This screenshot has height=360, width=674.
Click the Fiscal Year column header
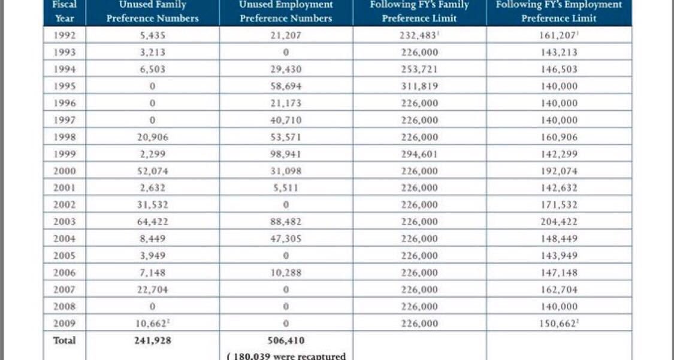coord(65,11)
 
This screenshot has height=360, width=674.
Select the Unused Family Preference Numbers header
coord(152,11)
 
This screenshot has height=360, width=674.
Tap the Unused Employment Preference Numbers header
coord(286,11)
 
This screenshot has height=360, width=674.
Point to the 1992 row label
coord(65,35)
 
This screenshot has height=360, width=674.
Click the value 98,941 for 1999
coord(286,154)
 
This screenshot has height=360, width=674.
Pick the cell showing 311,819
coord(419,86)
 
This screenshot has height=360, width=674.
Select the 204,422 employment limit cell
coord(559,222)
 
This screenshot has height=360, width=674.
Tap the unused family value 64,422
coord(152,222)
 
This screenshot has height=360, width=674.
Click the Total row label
coord(65,341)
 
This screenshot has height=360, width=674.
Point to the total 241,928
coord(152,341)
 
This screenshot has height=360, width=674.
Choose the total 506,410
coord(286,341)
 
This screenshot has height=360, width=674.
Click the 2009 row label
coord(65,323)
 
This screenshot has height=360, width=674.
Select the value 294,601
coord(419,154)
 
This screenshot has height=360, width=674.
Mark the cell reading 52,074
coord(152,171)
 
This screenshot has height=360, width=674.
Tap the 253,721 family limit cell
coord(419,69)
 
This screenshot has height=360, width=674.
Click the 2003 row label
coord(65,222)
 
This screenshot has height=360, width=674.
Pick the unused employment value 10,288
coord(286,273)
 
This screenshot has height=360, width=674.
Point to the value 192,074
coord(559,171)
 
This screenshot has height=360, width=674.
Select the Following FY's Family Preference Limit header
coord(419,11)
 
